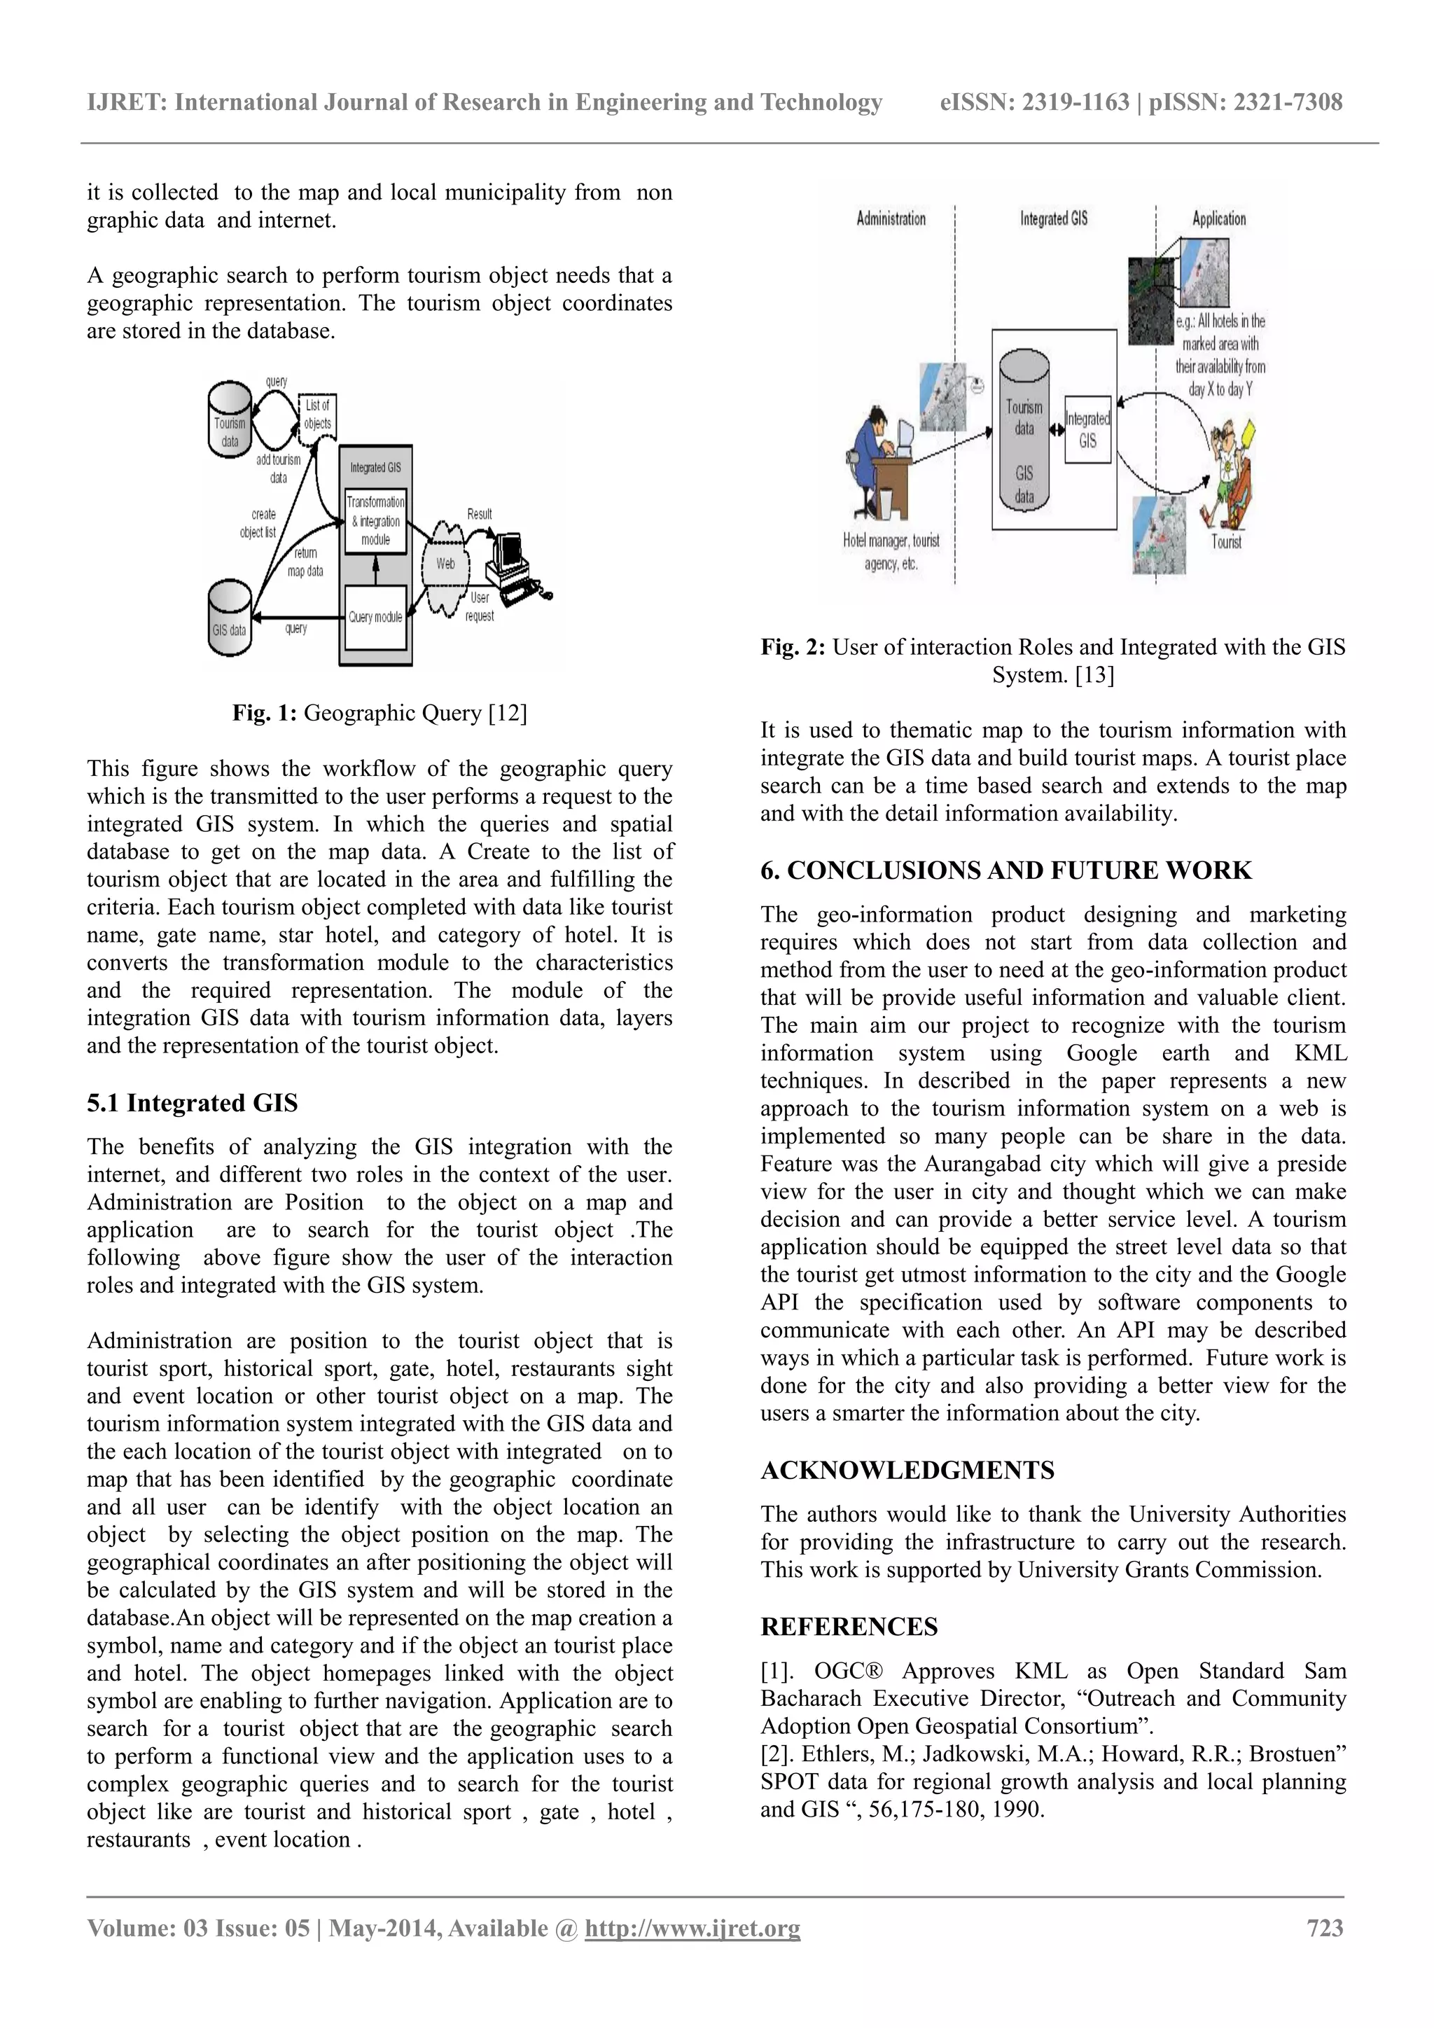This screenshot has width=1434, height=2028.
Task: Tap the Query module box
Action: point(375,616)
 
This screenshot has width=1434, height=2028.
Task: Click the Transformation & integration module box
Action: point(375,520)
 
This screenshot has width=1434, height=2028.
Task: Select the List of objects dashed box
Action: point(317,415)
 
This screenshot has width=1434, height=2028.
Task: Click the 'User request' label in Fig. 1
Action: point(480,607)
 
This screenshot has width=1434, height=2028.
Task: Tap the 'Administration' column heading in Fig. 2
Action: point(891,218)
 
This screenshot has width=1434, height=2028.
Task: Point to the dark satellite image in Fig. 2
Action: point(1153,300)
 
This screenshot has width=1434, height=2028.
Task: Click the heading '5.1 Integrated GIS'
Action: point(193,1103)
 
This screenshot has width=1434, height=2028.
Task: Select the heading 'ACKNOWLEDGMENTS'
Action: point(907,1471)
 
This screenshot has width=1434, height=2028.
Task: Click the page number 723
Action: point(1325,1928)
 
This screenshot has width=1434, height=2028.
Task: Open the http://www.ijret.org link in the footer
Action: point(692,1928)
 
